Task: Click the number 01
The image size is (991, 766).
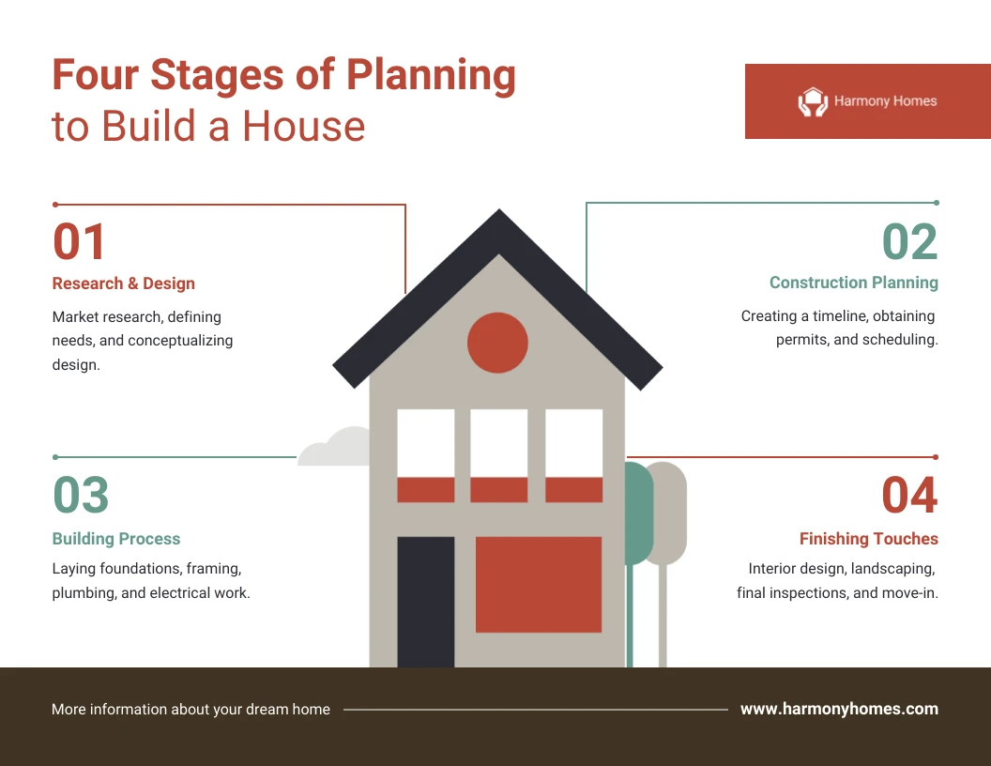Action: tap(79, 241)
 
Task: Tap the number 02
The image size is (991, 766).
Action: tap(910, 241)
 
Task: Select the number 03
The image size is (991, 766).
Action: tap(81, 494)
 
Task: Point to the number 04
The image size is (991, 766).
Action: tap(910, 494)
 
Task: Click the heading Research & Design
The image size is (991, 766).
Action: tap(123, 283)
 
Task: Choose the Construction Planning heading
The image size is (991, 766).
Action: tap(854, 283)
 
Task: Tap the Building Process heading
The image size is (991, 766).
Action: tap(116, 539)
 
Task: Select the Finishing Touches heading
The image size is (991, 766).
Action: tap(869, 539)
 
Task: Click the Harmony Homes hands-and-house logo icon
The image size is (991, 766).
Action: tap(813, 101)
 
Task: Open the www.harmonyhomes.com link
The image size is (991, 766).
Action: tap(839, 709)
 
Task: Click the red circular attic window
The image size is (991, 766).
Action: tap(497, 343)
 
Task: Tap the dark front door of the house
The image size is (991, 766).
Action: tap(425, 602)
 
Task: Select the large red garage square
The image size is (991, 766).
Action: tap(539, 585)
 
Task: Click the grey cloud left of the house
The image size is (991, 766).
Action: tap(334, 447)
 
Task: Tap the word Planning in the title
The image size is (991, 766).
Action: tap(431, 76)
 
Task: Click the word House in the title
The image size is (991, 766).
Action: tap(304, 126)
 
